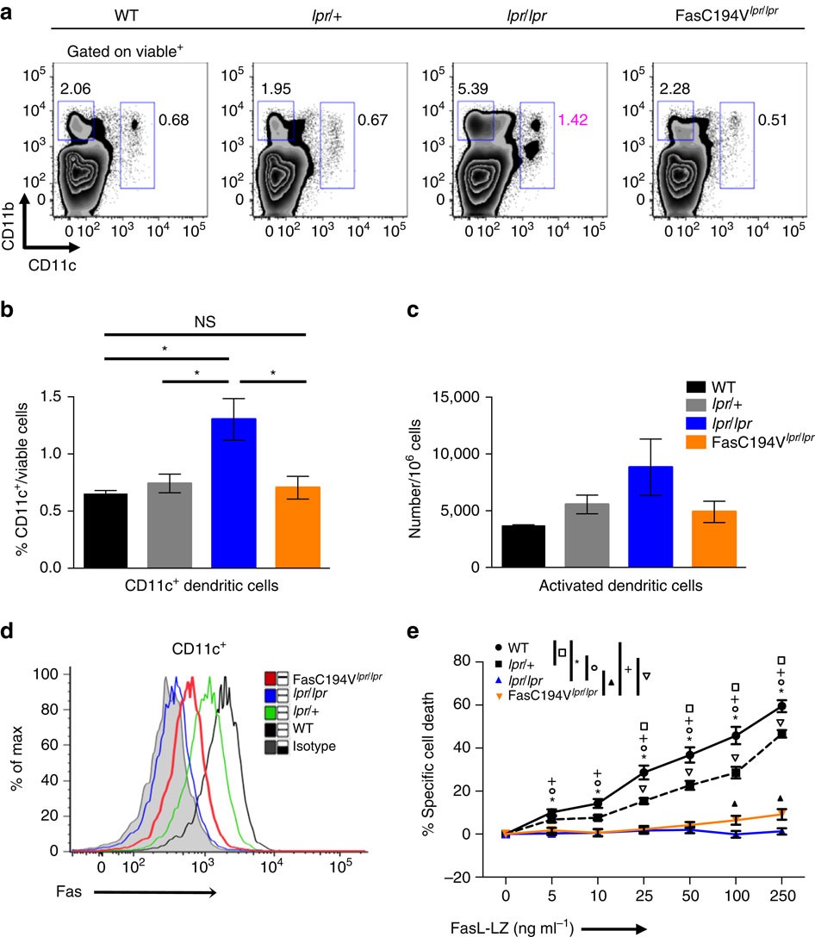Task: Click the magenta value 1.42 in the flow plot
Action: point(575,118)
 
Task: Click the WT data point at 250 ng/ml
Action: point(782,705)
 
